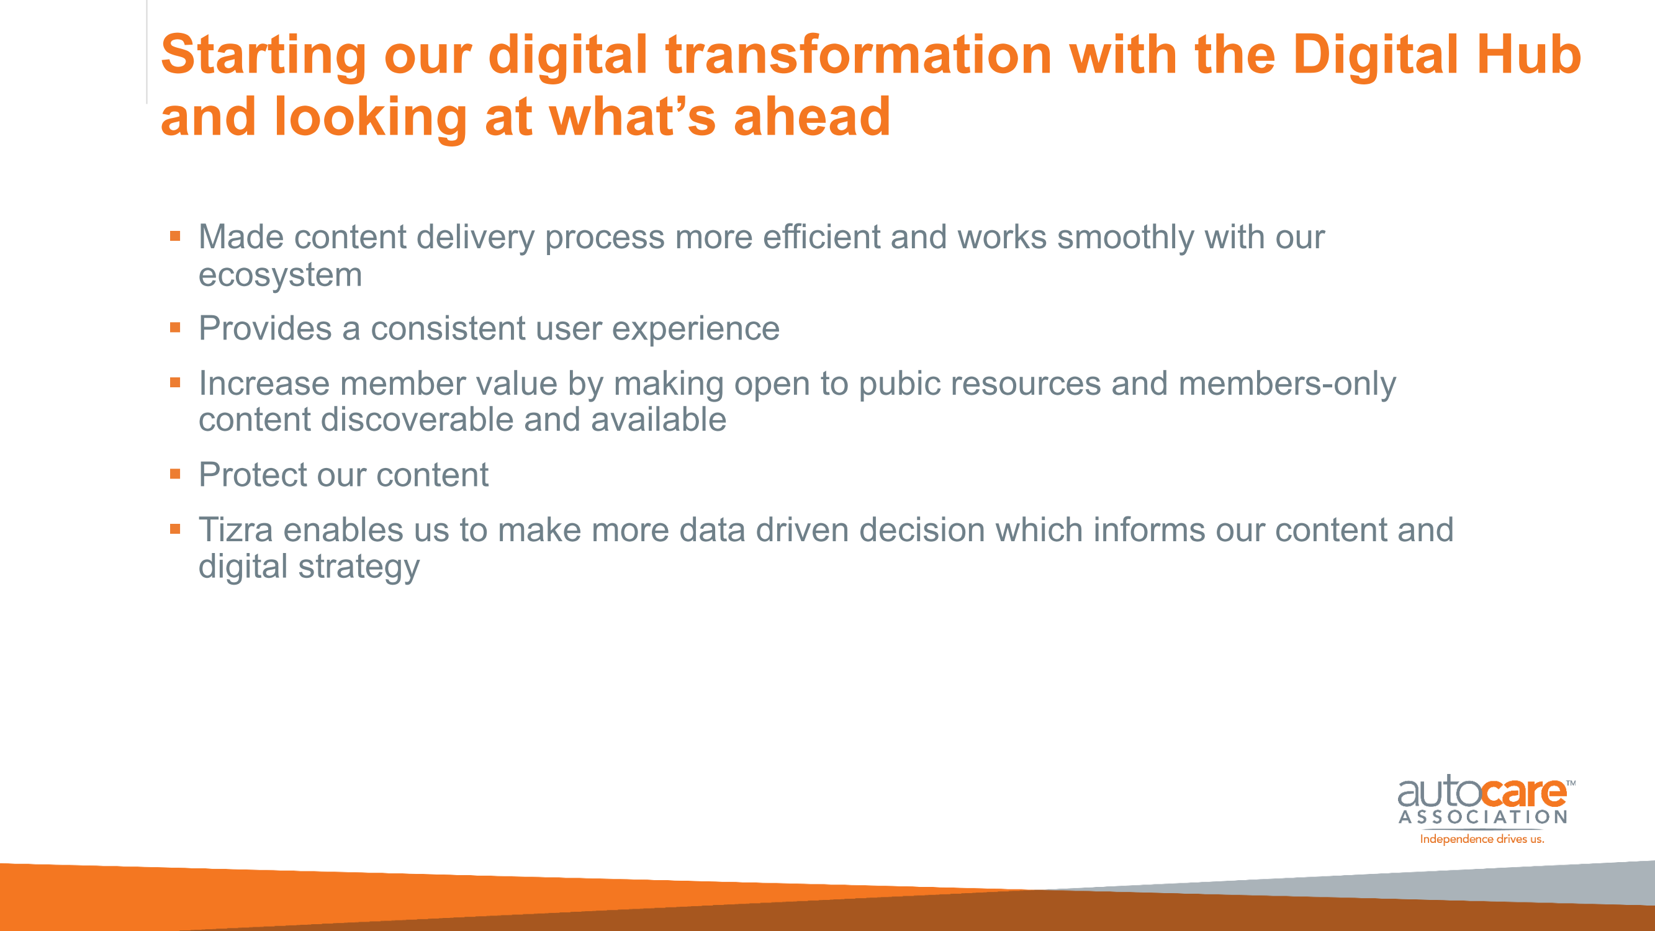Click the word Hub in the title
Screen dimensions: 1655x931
coord(1529,55)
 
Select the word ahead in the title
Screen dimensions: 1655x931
coord(812,117)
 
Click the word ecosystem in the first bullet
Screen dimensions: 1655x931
coord(280,274)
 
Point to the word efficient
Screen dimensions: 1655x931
coord(821,236)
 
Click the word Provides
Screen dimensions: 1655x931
coord(264,328)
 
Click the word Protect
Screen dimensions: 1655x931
coord(253,474)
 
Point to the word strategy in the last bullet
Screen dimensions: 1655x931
coord(358,568)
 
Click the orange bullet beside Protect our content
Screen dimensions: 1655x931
coord(176,474)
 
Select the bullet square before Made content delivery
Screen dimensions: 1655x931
coord(176,236)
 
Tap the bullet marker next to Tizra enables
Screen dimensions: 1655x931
coord(176,529)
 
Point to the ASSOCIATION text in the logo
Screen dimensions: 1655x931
coord(1483,817)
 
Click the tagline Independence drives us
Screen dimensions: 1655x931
coord(1482,839)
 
